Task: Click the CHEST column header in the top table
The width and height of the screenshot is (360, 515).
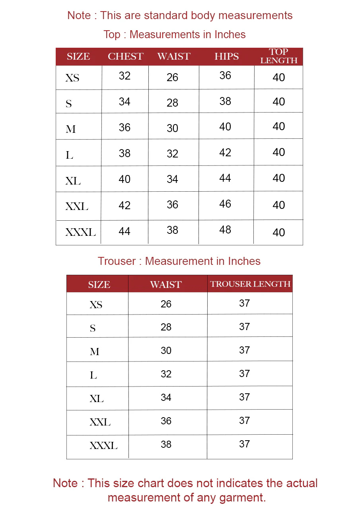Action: [125, 56]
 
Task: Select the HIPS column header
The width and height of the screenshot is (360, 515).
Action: [226, 56]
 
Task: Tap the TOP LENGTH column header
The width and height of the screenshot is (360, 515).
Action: [278, 56]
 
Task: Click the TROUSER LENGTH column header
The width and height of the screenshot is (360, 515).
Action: [250, 284]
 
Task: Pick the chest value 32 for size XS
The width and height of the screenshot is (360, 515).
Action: [125, 76]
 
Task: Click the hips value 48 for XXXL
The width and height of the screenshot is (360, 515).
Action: [225, 230]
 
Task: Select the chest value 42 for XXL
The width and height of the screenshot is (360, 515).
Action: [125, 206]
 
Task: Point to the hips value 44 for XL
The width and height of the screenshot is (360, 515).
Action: [225, 178]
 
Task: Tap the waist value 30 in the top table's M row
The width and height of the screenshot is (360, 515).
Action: [172, 128]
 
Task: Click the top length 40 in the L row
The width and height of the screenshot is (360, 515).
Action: [278, 152]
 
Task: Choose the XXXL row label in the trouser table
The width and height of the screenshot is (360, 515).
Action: [103, 446]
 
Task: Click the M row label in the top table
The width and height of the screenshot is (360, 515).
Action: [71, 129]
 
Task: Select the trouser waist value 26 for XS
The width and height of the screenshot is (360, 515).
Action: [166, 304]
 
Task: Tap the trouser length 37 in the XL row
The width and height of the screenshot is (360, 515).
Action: [244, 397]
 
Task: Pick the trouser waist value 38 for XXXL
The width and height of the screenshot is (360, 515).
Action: [166, 444]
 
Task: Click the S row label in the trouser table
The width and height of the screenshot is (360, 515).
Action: [93, 328]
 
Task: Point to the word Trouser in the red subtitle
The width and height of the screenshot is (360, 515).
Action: [117, 261]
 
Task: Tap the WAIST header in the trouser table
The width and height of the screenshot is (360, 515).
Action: [165, 285]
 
